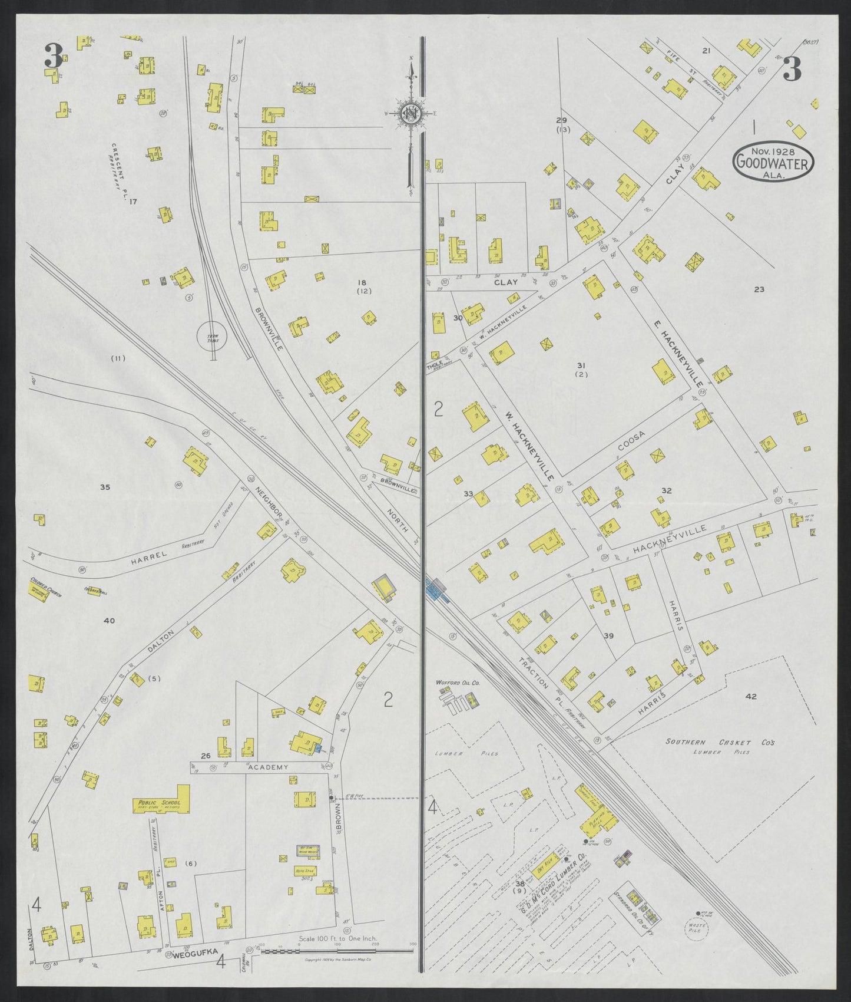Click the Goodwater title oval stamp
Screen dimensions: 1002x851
(x=773, y=160)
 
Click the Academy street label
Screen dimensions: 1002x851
(x=268, y=767)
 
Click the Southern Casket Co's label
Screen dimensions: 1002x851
(x=720, y=742)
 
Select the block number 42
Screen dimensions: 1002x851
(x=751, y=696)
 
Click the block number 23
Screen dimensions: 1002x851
(x=759, y=289)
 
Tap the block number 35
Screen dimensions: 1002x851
(x=105, y=487)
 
